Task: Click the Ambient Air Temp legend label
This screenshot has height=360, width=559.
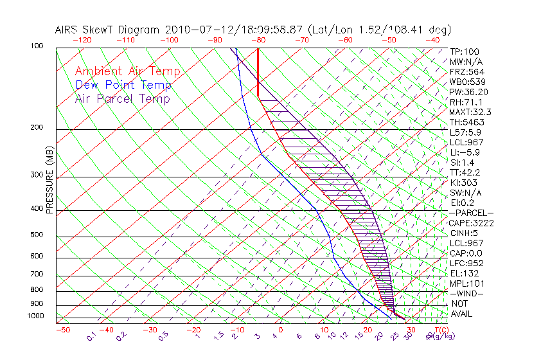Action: click(x=127, y=71)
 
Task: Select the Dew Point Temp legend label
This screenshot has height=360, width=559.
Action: click(x=123, y=85)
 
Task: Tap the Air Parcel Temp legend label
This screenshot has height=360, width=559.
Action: click(x=123, y=98)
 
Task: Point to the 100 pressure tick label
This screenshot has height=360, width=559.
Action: click(x=37, y=46)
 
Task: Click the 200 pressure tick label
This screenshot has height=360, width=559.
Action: click(x=37, y=127)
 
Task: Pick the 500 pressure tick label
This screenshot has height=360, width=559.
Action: click(x=37, y=235)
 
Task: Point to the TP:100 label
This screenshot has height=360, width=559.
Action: click(x=465, y=51)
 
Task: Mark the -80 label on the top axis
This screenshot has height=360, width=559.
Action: click(x=258, y=40)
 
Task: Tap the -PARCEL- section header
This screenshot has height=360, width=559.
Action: click(x=471, y=213)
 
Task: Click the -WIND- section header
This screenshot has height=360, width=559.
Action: click(x=466, y=293)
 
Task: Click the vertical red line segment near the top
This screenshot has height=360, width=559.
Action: click(x=258, y=71)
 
